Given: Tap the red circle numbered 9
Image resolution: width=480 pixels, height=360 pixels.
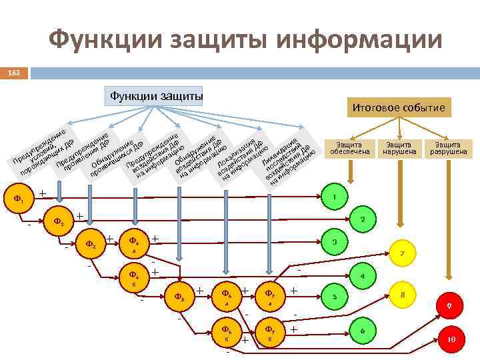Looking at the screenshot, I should (x=449, y=305).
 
